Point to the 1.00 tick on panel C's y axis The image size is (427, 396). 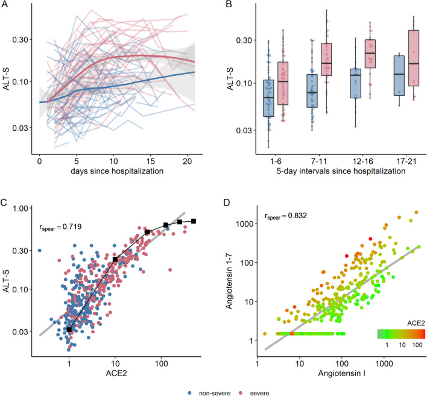click(24, 208)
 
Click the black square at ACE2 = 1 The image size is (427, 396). click(69, 329)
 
